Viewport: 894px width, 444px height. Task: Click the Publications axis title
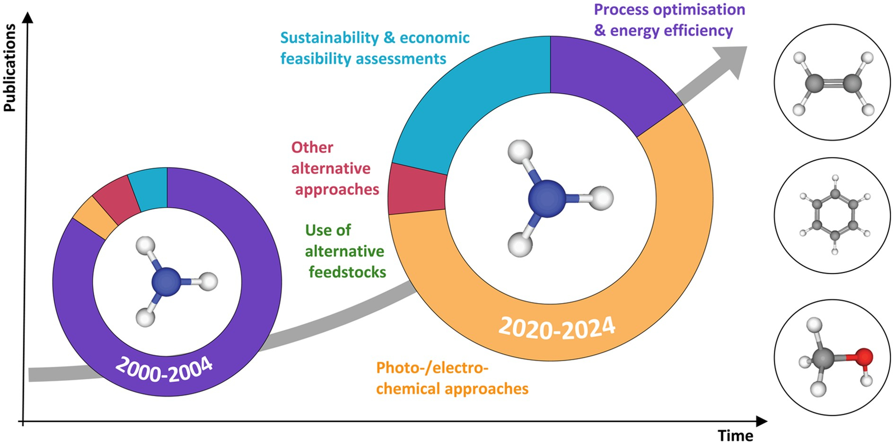tap(9, 68)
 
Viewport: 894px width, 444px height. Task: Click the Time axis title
tap(735, 435)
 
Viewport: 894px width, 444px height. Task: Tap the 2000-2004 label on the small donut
tap(164, 370)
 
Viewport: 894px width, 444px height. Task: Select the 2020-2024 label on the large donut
tap(557, 328)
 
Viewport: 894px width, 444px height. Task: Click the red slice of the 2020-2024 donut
tap(416, 189)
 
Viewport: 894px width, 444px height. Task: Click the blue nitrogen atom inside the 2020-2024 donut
tap(547, 198)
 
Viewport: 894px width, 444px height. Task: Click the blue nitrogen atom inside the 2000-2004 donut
tap(166, 282)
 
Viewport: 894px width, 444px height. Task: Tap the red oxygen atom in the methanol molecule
tap(864, 357)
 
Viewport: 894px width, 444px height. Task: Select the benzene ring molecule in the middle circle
tap(834, 215)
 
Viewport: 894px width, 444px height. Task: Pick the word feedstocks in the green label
tap(347, 272)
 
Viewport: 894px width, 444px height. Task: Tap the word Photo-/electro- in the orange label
tap(432, 367)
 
